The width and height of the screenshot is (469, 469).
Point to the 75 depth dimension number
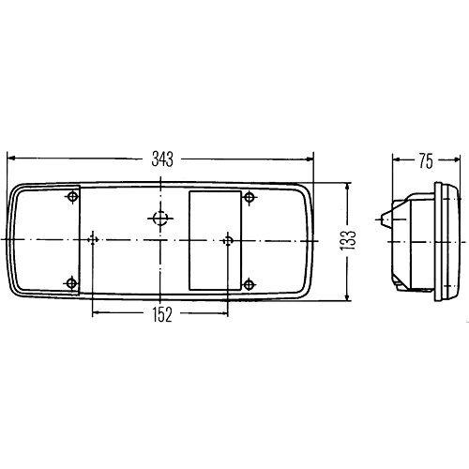point(425,161)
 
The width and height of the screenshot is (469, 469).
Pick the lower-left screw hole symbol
point(73,281)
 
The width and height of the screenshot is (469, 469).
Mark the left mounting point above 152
point(92,240)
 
